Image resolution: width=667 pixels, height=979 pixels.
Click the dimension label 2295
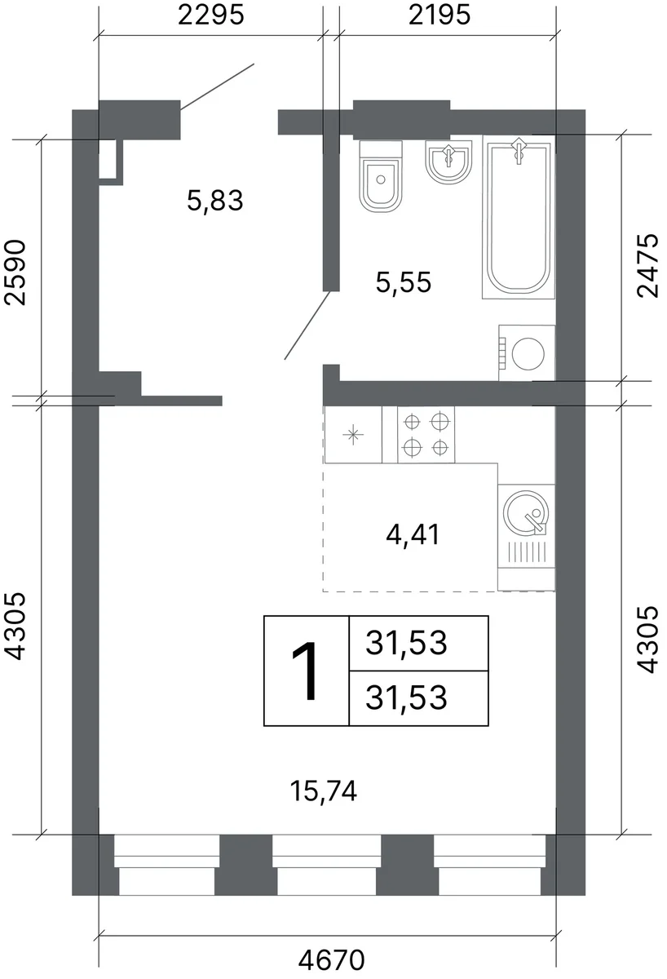(x=210, y=16)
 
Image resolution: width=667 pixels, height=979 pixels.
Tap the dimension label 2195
(x=440, y=16)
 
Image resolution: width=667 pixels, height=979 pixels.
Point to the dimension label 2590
(x=15, y=272)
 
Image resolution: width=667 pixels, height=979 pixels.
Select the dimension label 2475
(x=647, y=265)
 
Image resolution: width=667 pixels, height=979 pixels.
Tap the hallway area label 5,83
(x=215, y=201)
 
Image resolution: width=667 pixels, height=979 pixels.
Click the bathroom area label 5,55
(x=404, y=282)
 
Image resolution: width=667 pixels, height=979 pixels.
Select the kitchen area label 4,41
(x=413, y=534)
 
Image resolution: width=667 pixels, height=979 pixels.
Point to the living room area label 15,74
(x=324, y=791)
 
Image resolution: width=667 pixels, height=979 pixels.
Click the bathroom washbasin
(x=448, y=161)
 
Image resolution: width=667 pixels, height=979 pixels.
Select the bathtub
(x=519, y=217)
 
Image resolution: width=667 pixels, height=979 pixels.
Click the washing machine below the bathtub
(x=527, y=352)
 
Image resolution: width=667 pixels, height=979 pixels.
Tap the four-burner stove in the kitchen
(x=426, y=434)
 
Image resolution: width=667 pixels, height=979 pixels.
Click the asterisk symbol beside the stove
(x=353, y=435)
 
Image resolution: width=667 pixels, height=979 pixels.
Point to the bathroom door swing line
(x=307, y=326)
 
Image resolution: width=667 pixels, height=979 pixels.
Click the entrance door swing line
(x=217, y=86)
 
